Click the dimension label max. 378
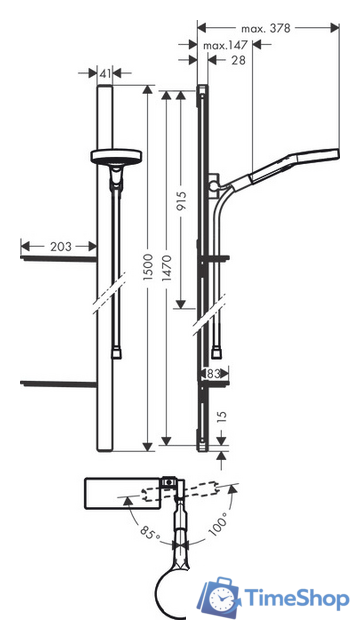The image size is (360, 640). (264, 29)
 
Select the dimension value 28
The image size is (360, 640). (235, 62)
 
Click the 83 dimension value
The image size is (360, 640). (212, 373)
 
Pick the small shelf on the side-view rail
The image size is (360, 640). (219, 261)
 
